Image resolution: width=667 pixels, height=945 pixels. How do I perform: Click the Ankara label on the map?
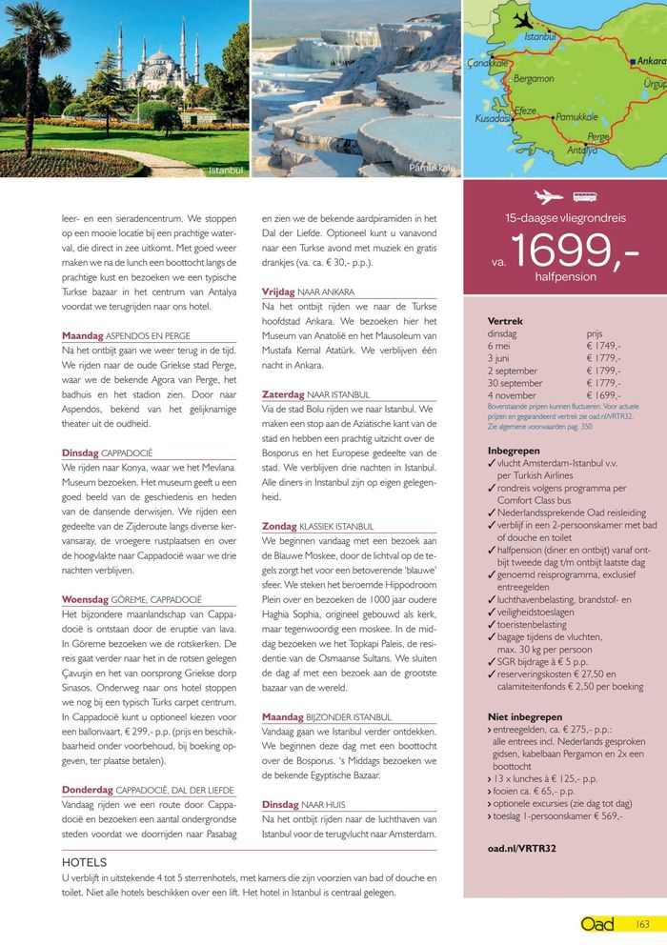point(651,61)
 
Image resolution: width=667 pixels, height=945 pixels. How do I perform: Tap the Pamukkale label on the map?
point(576,116)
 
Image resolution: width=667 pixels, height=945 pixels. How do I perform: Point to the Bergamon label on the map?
point(533,78)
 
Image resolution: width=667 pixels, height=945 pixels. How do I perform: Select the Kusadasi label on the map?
point(493,118)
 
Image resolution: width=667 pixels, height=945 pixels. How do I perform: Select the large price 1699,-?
point(575,251)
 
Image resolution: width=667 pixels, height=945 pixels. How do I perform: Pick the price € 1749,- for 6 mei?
point(603,346)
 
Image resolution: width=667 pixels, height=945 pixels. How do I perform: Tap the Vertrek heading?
point(505,321)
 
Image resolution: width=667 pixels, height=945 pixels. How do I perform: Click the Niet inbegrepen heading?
point(525,716)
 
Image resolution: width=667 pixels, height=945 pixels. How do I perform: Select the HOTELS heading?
point(84,861)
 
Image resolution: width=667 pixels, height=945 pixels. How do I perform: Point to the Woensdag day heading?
point(86,600)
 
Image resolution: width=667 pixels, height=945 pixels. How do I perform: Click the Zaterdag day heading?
point(282,393)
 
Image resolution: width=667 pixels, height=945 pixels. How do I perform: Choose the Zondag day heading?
point(278,526)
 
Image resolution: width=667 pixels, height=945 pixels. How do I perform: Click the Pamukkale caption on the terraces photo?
point(432,168)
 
